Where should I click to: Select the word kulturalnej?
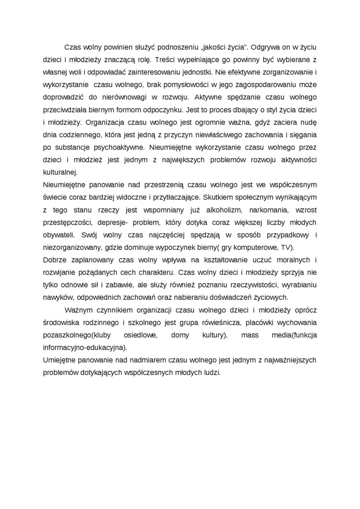pyautogui.click(x=60, y=171)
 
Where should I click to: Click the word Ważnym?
pyautogui.click(x=77, y=310)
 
